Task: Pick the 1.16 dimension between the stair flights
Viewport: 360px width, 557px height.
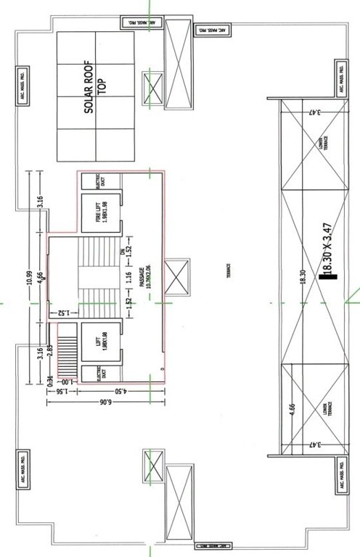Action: (x=127, y=278)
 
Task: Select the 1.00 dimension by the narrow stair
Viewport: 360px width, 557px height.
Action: (x=65, y=381)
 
